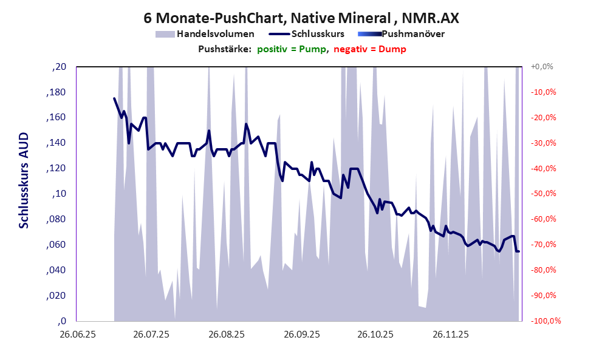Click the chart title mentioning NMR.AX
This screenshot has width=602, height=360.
coord(301,18)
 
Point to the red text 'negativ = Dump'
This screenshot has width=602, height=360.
coord(370,49)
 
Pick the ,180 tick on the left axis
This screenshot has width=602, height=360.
coord(56,92)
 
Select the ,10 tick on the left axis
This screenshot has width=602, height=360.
coord(60,194)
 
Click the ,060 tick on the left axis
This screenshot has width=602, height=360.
coord(56,245)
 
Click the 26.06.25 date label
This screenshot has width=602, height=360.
coord(77,335)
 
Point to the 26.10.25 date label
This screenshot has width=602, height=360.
coord(375,335)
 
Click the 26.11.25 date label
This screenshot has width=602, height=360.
coord(450,335)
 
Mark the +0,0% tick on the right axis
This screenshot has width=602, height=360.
coord(542,67)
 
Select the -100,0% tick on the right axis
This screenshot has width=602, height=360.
coord(545,321)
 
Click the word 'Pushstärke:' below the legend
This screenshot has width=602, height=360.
coord(225,49)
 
